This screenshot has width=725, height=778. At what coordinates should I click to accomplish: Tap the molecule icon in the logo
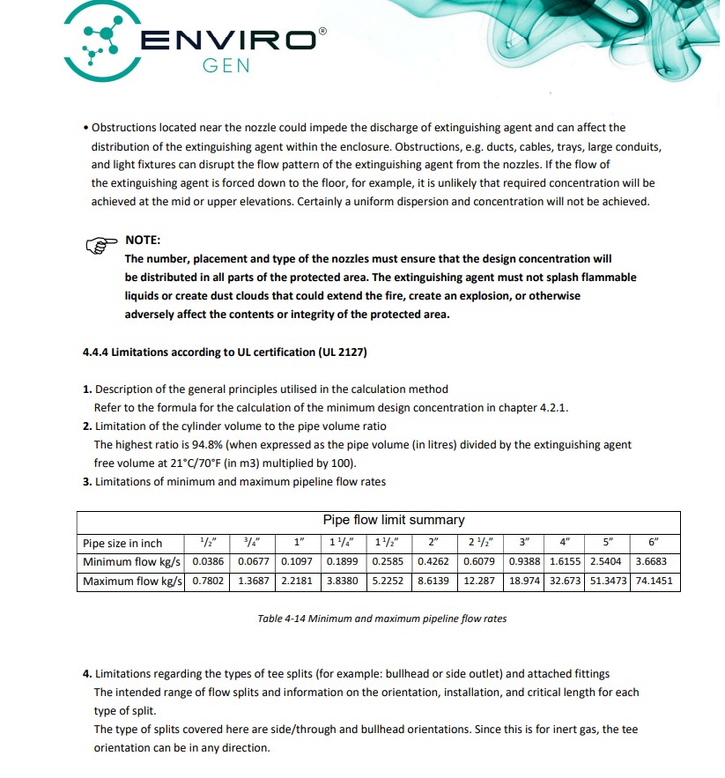tap(101, 40)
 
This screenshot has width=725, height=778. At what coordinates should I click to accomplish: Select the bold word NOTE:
tap(143, 240)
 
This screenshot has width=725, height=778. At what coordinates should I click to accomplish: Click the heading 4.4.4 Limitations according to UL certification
tap(224, 352)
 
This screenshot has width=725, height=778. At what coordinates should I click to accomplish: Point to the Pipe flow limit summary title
tap(394, 520)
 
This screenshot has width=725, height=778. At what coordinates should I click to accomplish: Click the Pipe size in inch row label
tap(122, 543)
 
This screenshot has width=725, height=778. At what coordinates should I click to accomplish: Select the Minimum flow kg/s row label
tap(133, 561)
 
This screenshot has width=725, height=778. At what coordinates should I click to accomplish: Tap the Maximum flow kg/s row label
tap(133, 581)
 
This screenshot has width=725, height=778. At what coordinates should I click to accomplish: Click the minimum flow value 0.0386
tap(209, 561)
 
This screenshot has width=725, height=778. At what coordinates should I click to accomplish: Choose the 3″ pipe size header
tap(524, 543)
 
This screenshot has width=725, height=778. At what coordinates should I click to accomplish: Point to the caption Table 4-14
tap(381, 619)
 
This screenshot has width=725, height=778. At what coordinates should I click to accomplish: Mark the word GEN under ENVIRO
tap(226, 66)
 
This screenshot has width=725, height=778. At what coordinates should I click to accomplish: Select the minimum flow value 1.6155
tap(565, 561)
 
